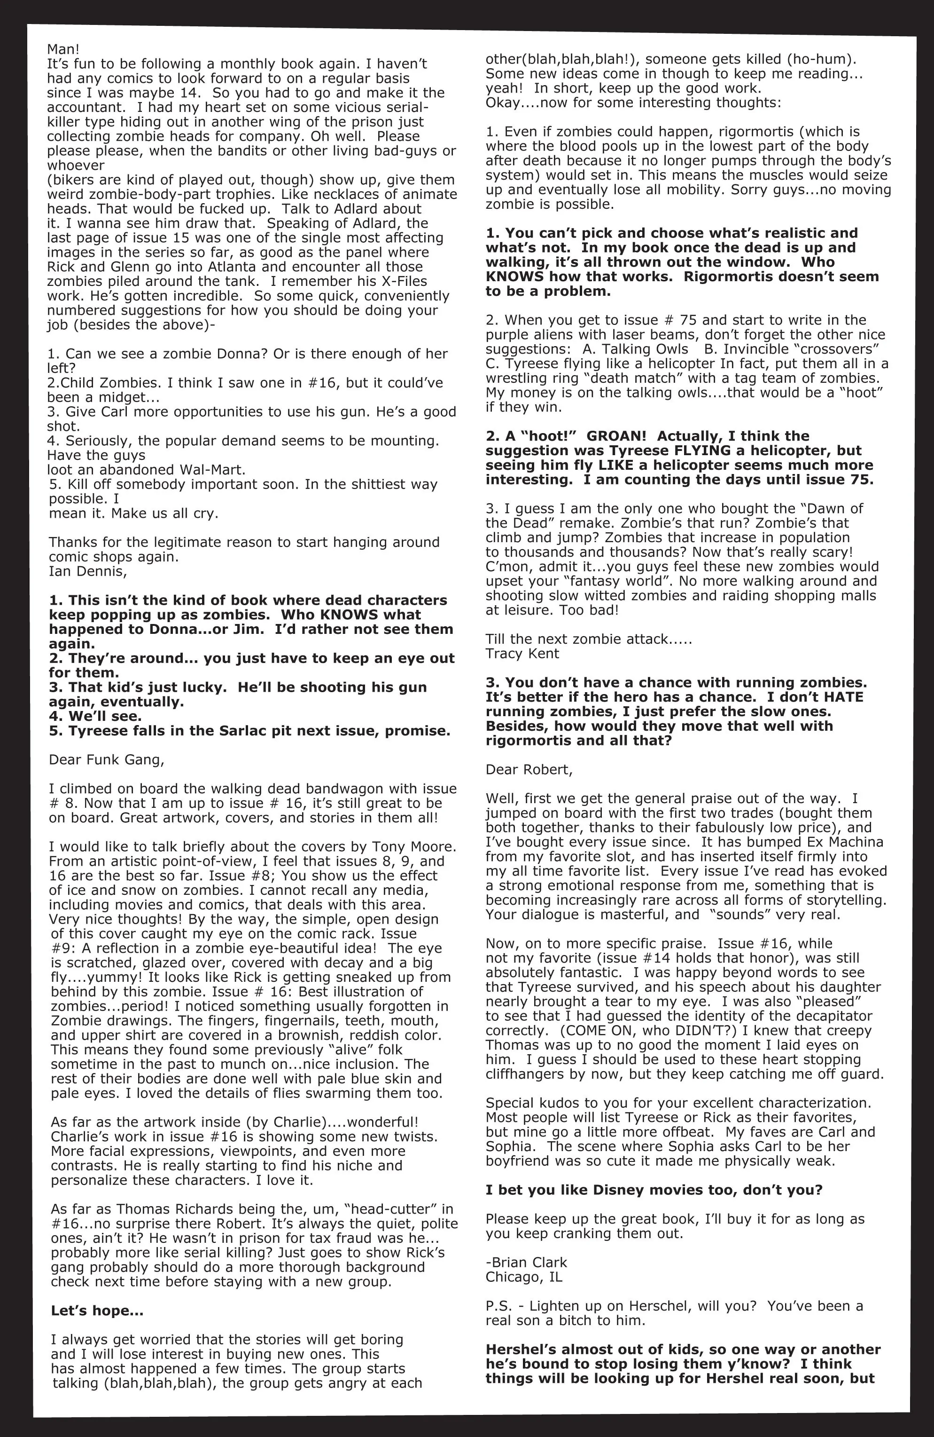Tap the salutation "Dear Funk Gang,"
click(x=107, y=759)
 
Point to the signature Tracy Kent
click(x=522, y=653)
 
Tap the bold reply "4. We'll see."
click(x=95, y=716)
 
